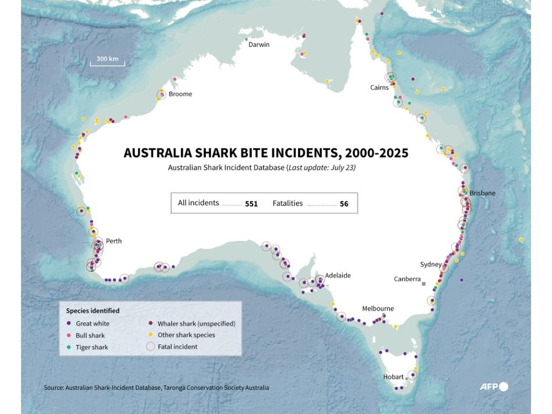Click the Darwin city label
tap(258, 45)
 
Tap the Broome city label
tap(180, 94)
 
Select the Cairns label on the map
tap(379, 88)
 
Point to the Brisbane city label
tap(482, 193)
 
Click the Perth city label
tap(114, 241)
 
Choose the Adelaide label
tap(337, 275)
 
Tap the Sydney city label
tap(431, 264)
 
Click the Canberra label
tap(407, 279)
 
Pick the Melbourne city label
tap(378, 309)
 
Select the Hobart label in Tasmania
tap(394, 377)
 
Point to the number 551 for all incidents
tap(251, 204)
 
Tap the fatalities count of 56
tap(344, 204)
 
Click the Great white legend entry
tap(92, 324)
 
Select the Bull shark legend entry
tap(90, 336)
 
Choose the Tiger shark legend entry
tap(92, 348)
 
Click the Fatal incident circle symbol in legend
tap(150, 347)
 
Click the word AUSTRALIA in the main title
tap(158, 153)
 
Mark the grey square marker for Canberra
tap(424, 284)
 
